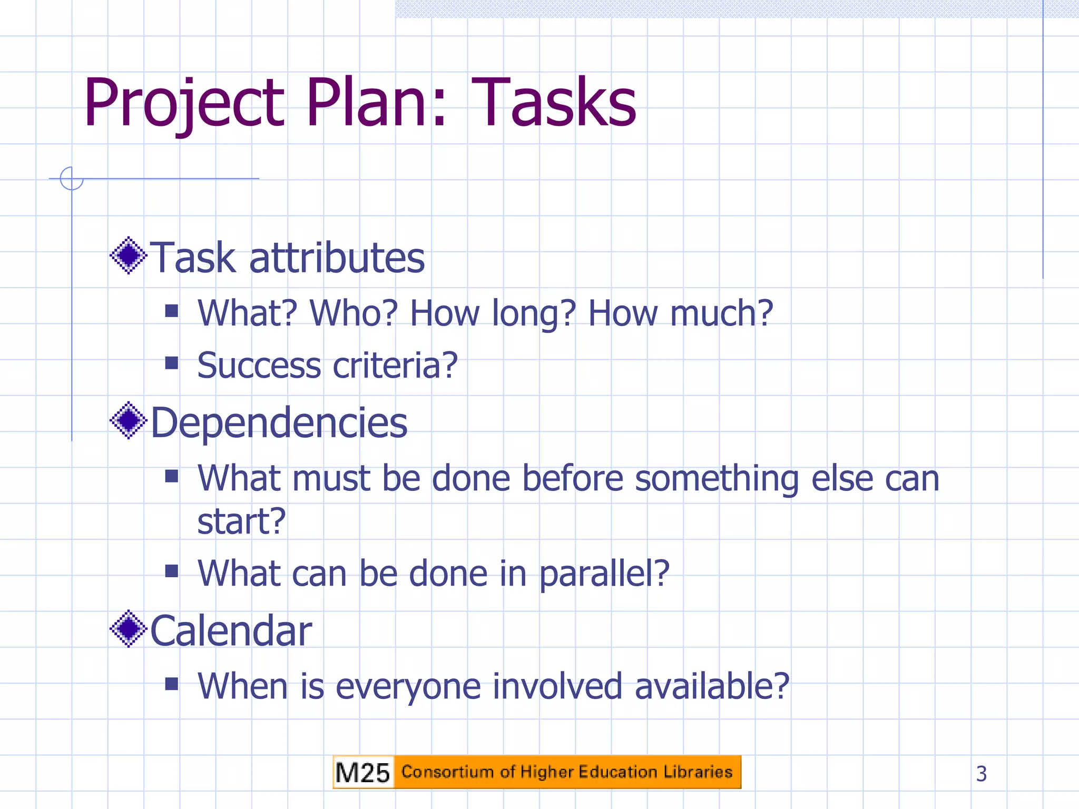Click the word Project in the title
[184, 103]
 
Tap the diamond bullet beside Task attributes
[128, 256]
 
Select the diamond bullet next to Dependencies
[128, 421]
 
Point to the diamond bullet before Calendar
[128, 629]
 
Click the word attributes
[337, 258]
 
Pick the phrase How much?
[680, 313]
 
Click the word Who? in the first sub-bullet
[353, 313]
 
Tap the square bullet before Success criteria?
[171, 363]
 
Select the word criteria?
[395, 366]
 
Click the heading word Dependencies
[279, 423]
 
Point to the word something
[717, 479]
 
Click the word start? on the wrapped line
[241, 521]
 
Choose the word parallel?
[604, 574]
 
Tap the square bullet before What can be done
[171, 571]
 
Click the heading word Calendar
[231, 631]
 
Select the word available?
[711, 686]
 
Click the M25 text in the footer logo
[362, 773]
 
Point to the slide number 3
[981, 774]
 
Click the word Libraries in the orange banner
[698, 772]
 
